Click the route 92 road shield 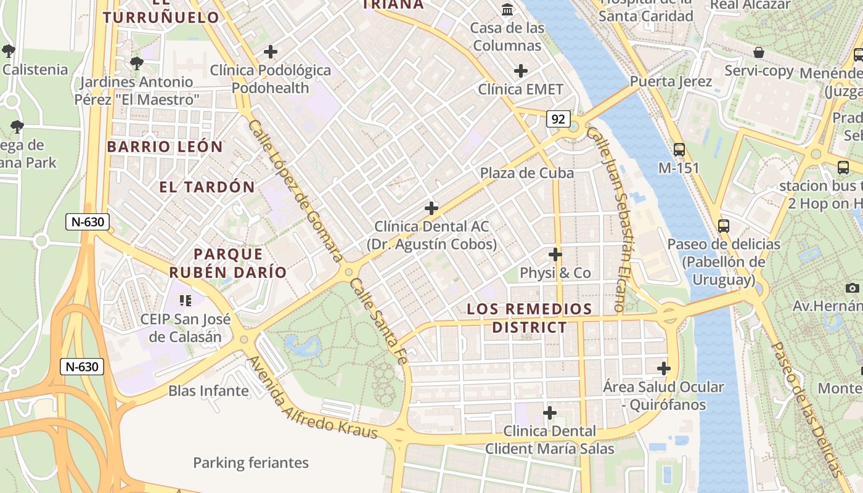point(558,119)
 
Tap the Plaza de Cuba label point(527,173)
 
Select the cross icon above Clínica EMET point(521,71)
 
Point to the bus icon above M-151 point(679,149)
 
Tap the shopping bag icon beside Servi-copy point(759,53)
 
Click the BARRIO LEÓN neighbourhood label point(165,147)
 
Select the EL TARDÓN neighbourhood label point(207,187)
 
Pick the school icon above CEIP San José point(185,301)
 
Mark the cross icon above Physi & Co point(555,254)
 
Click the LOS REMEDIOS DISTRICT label point(529,318)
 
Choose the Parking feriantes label point(251,463)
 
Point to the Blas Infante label point(208,391)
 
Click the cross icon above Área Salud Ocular point(663,369)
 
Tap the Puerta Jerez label point(671,81)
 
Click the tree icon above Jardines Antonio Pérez point(137,63)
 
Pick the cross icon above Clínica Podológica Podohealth point(270,52)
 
